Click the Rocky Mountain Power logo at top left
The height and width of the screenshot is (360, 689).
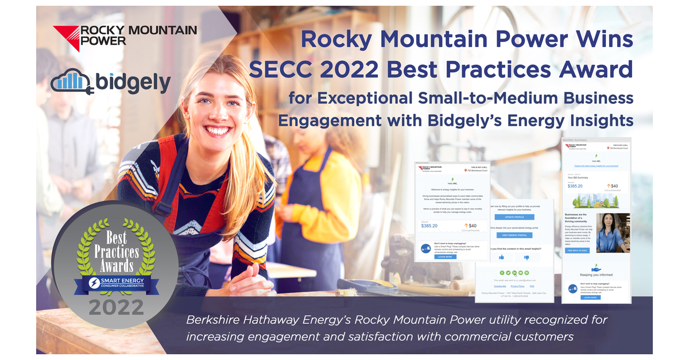(x=125, y=38)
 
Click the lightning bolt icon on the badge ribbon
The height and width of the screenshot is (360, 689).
(x=92, y=284)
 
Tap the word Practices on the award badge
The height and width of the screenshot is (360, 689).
(x=117, y=251)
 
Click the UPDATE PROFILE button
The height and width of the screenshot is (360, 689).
(x=513, y=217)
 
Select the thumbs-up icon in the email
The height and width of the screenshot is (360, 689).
(x=501, y=258)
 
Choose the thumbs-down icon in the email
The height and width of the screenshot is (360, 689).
(x=526, y=258)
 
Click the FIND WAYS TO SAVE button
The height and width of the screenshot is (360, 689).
(x=577, y=251)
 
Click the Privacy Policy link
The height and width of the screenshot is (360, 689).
(x=517, y=285)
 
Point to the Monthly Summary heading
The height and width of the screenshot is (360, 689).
(x=576, y=140)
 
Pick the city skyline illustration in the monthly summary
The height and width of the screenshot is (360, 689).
(x=595, y=201)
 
